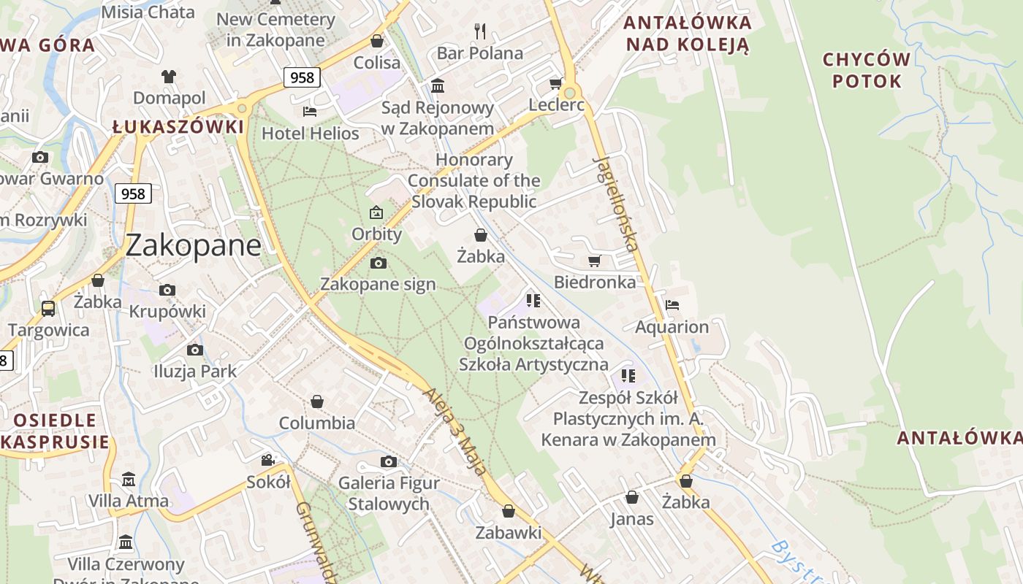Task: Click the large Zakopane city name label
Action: tap(193, 245)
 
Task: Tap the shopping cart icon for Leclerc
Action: tap(555, 84)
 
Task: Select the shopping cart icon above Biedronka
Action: tap(594, 261)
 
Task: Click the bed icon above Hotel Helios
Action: tap(310, 112)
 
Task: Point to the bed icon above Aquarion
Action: tap(672, 304)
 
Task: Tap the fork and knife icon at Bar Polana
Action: tap(480, 31)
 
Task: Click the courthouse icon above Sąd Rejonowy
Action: tap(438, 85)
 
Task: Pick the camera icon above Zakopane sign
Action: tap(378, 263)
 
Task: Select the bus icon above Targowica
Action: tap(48, 308)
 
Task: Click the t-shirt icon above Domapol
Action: tap(169, 76)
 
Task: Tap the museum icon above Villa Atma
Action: tap(129, 480)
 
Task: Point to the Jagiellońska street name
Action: tap(616, 202)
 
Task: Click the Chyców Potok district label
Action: tap(867, 70)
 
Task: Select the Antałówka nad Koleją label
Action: tap(688, 34)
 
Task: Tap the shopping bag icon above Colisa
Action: tap(377, 41)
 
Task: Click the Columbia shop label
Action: tap(317, 423)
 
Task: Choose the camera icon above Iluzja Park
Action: tap(194, 350)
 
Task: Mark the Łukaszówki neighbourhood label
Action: tap(178, 126)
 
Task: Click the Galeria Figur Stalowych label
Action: tap(389, 493)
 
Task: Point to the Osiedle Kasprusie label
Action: tap(55, 431)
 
